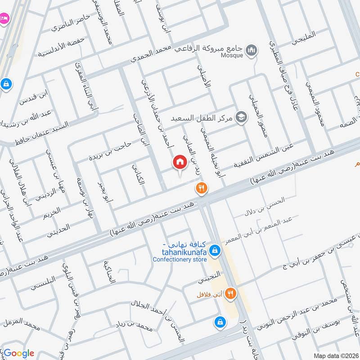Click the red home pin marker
(180, 162)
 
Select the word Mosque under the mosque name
(232, 55)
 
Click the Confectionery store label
(180, 260)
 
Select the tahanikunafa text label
(180, 252)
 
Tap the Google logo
(19, 353)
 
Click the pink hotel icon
(4, 18)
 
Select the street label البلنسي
(43, 285)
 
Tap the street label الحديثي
(58, 228)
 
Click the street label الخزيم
(52, 212)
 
